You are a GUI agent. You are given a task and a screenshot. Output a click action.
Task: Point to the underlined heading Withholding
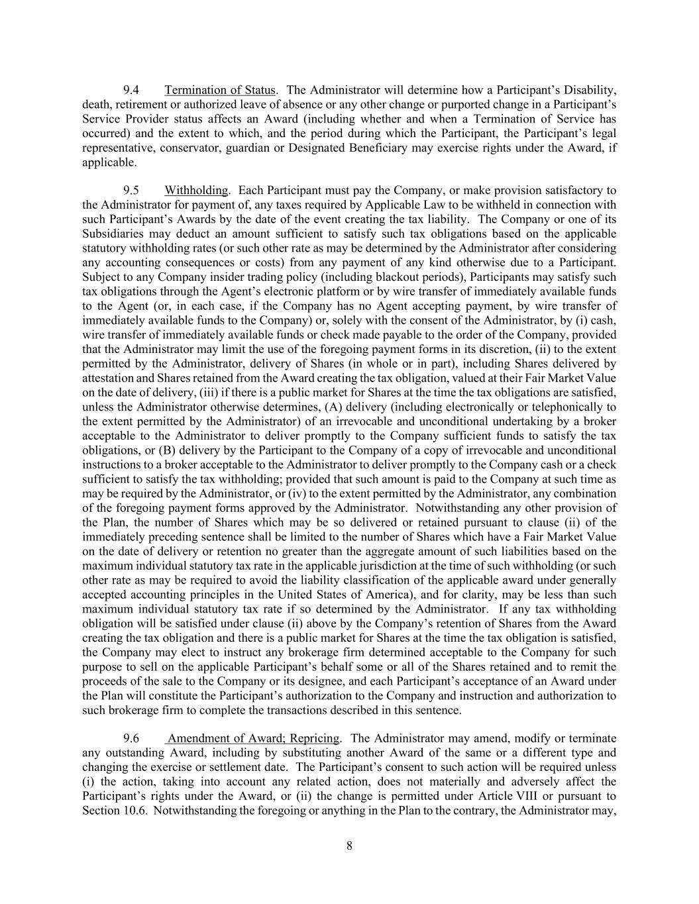(196, 191)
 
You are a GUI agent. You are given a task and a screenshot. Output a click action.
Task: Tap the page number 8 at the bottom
(349, 845)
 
